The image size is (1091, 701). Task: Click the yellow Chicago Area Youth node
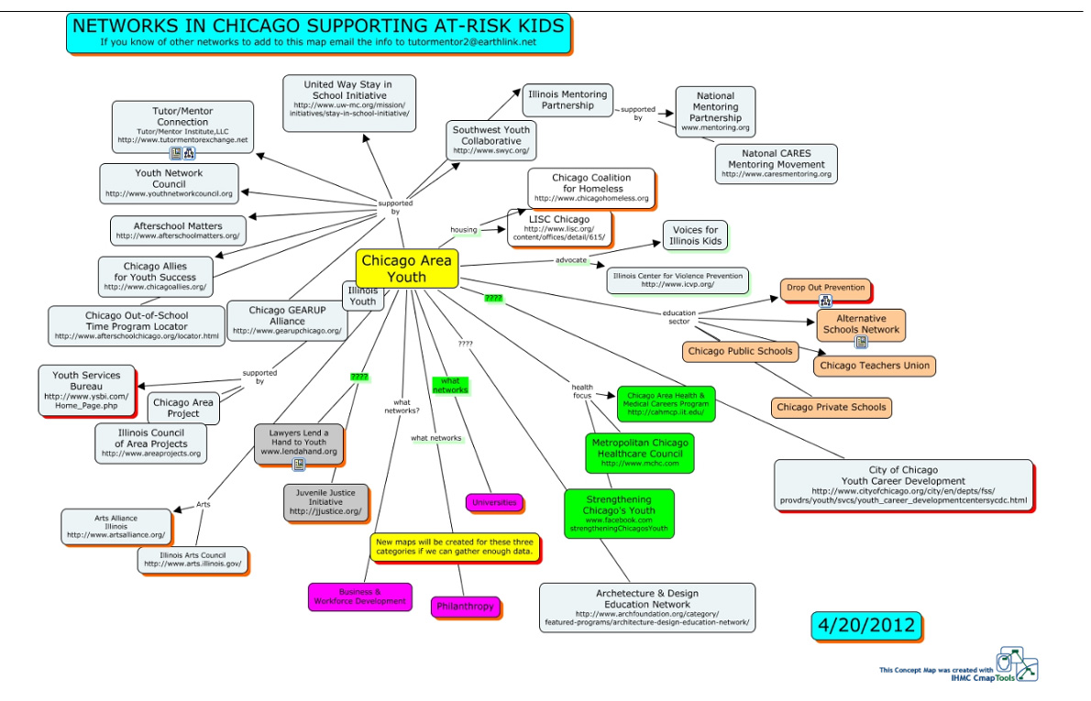(x=406, y=268)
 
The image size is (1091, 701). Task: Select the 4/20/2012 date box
(x=865, y=626)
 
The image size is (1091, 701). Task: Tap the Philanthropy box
(x=465, y=606)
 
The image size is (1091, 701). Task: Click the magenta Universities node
(x=495, y=502)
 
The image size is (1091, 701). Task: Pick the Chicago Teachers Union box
(x=875, y=366)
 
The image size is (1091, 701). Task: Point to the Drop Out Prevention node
(x=824, y=288)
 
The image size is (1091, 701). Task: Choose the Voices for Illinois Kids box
(x=694, y=235)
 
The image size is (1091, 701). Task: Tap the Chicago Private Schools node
(x=831, y=407)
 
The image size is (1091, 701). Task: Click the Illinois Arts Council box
(x=192, y=559)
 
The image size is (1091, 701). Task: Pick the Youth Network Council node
(x=169, y=183)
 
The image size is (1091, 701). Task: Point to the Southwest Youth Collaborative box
(x=491, y=139)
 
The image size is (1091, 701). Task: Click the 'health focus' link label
(x=582, y=391)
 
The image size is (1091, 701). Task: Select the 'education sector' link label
(x=679, y=317)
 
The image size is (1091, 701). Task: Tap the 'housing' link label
(x=463, y=229)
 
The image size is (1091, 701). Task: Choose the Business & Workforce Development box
(x=359, y=597)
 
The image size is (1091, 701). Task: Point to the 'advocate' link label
(x=571, y=260)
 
